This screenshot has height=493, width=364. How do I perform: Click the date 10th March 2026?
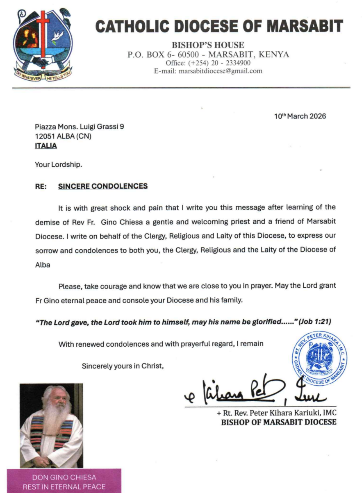pyautogui.click(x=300, y=116)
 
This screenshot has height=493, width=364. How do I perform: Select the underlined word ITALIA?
pyautogui.click(x=46, y=146)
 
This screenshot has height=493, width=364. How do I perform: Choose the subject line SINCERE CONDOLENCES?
pyautogui.click(x=102, y=186)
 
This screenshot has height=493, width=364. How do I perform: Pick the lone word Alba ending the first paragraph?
pyautogui.click(x=43, y=265)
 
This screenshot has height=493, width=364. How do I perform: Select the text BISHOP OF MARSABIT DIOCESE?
pyautogui.click(x=279, y=422)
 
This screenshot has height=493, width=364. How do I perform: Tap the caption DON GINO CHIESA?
pyautogui.click(x=64, y=478)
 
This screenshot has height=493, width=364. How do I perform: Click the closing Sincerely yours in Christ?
pyautogui.click(x=123, y=366)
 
